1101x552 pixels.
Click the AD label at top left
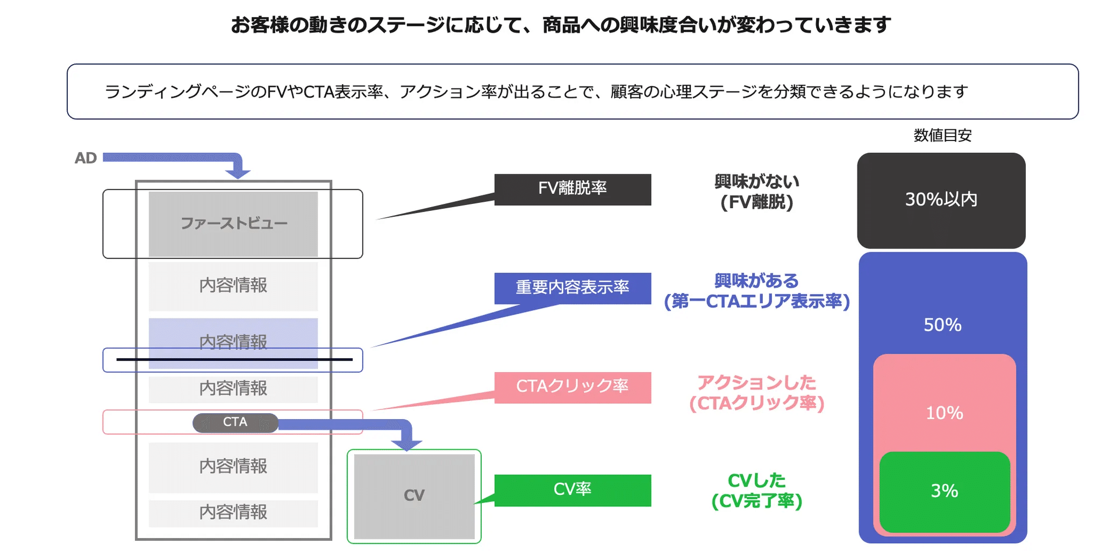85,158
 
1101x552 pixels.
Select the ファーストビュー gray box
233,224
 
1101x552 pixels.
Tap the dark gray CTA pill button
235,422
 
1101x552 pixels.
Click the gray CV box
414,496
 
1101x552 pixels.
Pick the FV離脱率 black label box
573,189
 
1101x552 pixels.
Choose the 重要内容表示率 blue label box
573,288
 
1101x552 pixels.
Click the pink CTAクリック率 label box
573,387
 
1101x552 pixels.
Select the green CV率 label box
573,490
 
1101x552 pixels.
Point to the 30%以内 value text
941,200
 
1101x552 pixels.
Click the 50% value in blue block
942,325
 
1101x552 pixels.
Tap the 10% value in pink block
944,413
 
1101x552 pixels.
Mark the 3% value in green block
944,491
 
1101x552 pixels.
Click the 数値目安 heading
942,136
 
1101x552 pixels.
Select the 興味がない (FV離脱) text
756,192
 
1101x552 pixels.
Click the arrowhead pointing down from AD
238,173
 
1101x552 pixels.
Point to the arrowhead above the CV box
406,444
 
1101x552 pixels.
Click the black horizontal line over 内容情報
234,359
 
